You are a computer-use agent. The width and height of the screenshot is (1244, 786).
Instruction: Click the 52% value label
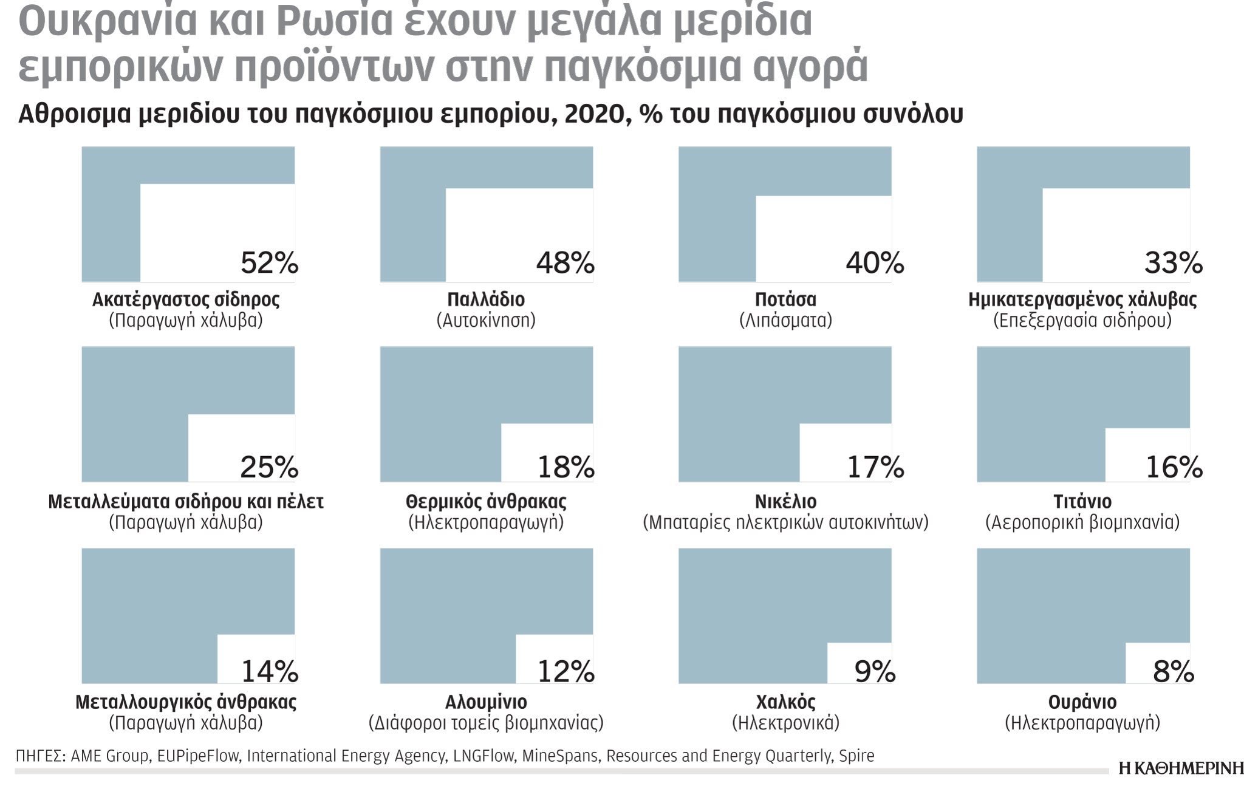pos(269,263)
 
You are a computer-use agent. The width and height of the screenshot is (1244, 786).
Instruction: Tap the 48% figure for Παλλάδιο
pos(565,263)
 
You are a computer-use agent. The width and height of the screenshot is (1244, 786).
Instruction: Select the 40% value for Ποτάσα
pos(875,263)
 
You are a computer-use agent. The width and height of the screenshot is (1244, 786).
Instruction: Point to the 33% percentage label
pos(1173,263)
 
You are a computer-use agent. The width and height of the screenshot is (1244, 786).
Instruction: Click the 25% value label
pos(269,466)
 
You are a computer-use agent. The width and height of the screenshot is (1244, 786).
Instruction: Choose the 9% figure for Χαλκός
pos(875,671)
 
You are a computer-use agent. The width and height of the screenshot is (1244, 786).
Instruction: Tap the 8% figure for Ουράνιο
pos(1173,671)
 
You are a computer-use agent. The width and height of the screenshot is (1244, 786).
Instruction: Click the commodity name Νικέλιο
pos(785,502)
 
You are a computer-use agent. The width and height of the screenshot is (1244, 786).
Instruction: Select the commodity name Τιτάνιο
pos(1082,502)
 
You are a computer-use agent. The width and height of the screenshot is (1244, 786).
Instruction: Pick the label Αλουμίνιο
pos(486,702)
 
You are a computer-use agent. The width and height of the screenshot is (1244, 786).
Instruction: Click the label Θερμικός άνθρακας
pos(486,502)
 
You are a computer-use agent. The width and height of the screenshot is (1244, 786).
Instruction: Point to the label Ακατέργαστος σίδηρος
pos(186,299)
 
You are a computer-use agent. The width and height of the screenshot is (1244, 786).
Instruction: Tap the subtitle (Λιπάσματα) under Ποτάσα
pos(785,320)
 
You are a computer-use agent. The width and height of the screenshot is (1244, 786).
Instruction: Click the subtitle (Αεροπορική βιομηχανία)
pos(1082,522)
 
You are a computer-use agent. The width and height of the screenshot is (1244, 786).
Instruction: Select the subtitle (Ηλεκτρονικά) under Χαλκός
pos(785,723)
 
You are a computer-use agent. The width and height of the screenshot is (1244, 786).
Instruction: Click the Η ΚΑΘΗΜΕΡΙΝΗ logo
pos(1181,768)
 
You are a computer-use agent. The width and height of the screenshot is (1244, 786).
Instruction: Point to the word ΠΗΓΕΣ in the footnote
pos(39,756)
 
